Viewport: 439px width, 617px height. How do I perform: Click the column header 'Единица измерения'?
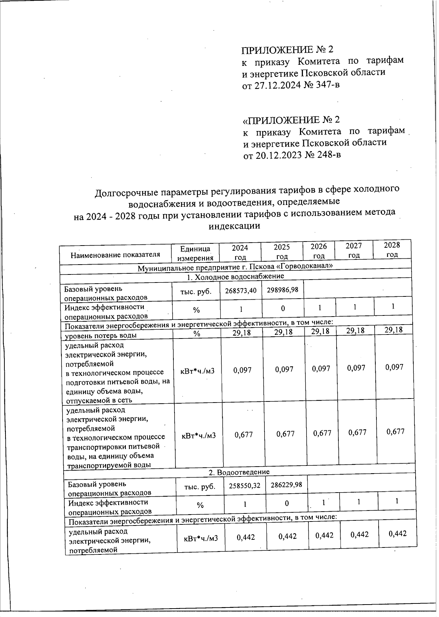(x=195, y=253)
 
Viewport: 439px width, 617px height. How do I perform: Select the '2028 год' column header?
(x=392, y=250)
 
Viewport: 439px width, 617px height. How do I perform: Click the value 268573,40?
(x=241, y=291)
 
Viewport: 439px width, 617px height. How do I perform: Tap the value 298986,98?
(x=282, y=290)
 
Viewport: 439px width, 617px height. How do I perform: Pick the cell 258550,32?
(x=245, y=485)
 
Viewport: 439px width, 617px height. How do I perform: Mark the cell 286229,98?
(x=286, y=485)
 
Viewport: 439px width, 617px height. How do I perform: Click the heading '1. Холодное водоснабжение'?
(x=235, y=277)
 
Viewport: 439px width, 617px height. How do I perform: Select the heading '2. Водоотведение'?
(x=239, y=472)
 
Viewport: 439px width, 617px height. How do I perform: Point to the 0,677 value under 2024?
(x=244, y=435)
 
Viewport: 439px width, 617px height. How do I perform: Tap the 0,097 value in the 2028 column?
(x=394, y=367)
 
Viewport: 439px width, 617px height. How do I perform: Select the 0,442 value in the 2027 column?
(x=359, y=535)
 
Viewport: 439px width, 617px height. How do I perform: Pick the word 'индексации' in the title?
(x=234, y=226)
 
